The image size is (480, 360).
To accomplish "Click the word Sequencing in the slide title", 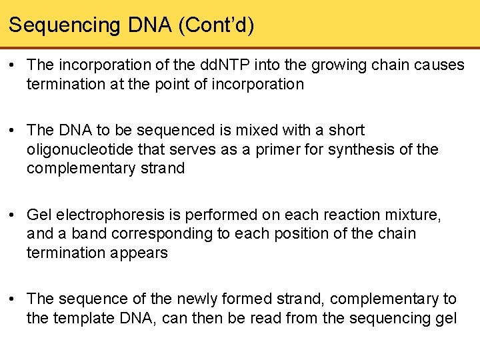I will (63, 26).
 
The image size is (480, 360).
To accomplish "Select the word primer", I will (273, 149).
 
